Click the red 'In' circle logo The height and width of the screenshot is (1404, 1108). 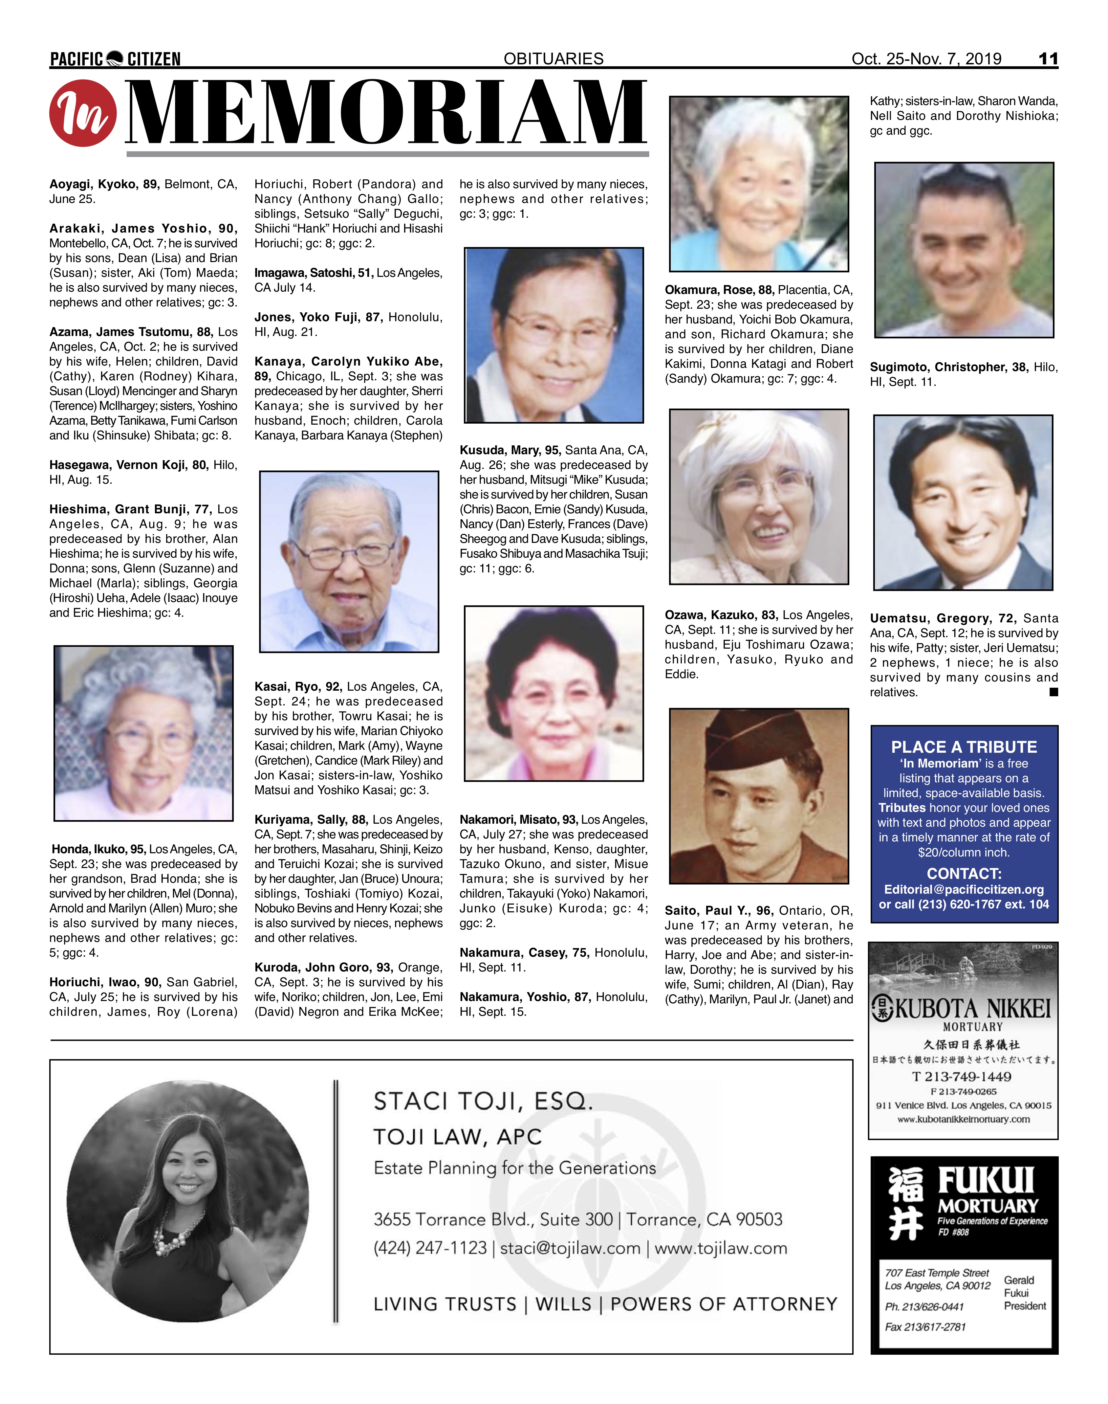[83, 113]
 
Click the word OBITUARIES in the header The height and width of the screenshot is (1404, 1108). [554, 59]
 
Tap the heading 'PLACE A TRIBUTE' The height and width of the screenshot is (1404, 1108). [964, 747]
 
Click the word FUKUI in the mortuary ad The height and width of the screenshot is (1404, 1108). [986, 1181]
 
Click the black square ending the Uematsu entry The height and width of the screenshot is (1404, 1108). [1054, 692]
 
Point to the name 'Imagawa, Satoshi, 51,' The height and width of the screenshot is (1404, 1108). [314, 273]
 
